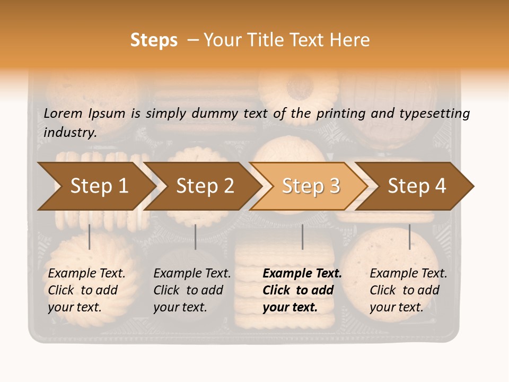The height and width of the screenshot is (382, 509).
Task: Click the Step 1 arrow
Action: click(x=99, y=186)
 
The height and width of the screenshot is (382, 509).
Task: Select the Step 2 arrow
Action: click(x=205, y=186)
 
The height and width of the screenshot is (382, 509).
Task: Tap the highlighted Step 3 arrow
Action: click(x=311, y=186)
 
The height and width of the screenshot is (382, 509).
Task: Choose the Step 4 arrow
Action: click(x=417, y=186)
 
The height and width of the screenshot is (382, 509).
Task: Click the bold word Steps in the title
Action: click(x=154, y=40)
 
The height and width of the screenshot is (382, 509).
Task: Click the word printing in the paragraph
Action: click(x=343, y=114)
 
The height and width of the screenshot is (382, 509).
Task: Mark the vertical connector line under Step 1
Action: click(x=90, y=237)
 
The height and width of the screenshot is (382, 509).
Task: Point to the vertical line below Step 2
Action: click(x=196, y=237)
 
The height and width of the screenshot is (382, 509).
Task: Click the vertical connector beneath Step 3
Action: click(x=302, y=237)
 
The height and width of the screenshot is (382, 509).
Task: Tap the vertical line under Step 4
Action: click(x=409, y=237)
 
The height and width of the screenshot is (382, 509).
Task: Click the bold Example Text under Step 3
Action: click(x=302, y=290)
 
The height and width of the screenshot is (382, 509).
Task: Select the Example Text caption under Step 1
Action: click(x=86, y=290)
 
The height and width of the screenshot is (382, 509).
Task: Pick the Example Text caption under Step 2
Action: click(x=192, y=290)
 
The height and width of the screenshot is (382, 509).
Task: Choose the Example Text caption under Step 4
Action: click(x=408, y=290)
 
